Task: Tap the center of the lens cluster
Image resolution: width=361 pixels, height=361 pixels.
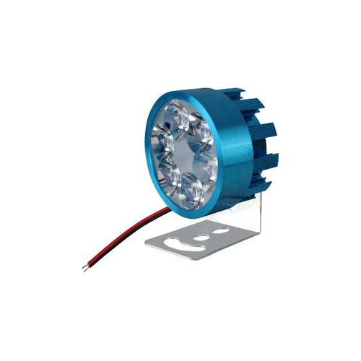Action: point(185,152)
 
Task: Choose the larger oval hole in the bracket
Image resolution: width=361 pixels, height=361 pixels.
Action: point(220,231)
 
